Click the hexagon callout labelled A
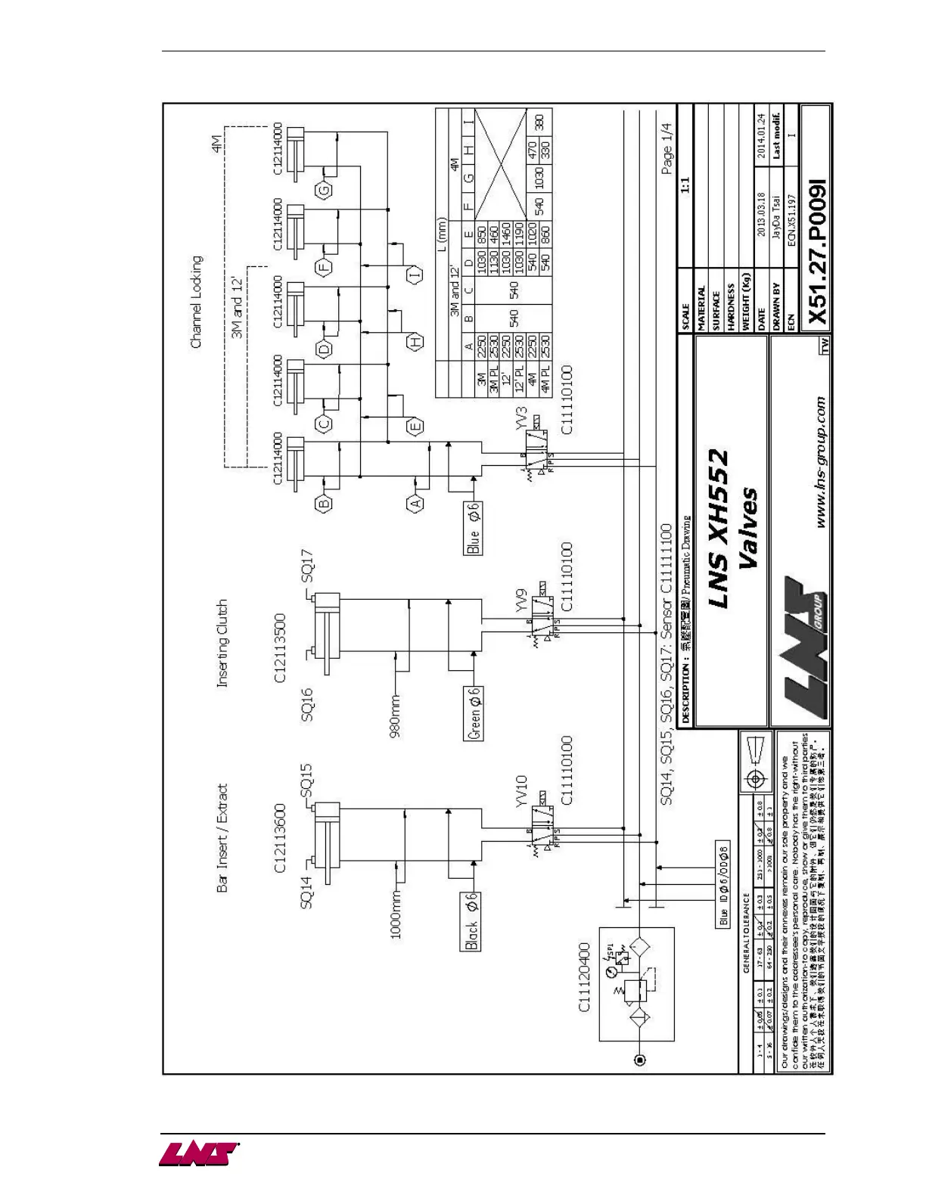point(415,503)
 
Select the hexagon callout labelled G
point(324,189)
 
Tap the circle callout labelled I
point(415,275)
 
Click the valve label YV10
point(520,792)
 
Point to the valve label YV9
point(520,604)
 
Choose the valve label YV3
point(520,419)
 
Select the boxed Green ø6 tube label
point(474,713)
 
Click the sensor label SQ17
point(307,566)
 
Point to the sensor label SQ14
point(306,892)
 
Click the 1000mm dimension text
point(395,914)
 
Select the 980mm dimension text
point(395,713)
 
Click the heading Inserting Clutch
point(222,643)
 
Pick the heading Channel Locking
point(196,302)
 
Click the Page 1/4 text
point(667,148)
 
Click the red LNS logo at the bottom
point(198,1155)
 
